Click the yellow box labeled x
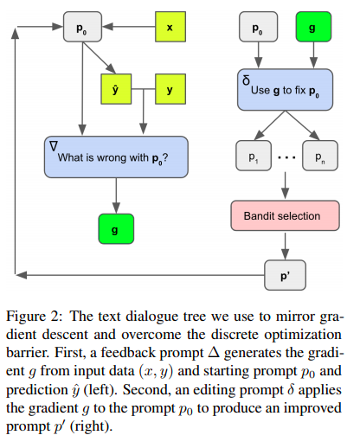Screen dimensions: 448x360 tap(169, 29)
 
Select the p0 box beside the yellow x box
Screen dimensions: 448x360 tap(81, 29)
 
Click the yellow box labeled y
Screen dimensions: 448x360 tap(169, 89)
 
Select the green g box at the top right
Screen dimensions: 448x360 tap(313, 29)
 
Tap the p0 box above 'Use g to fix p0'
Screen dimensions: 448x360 tap(257, 29)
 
